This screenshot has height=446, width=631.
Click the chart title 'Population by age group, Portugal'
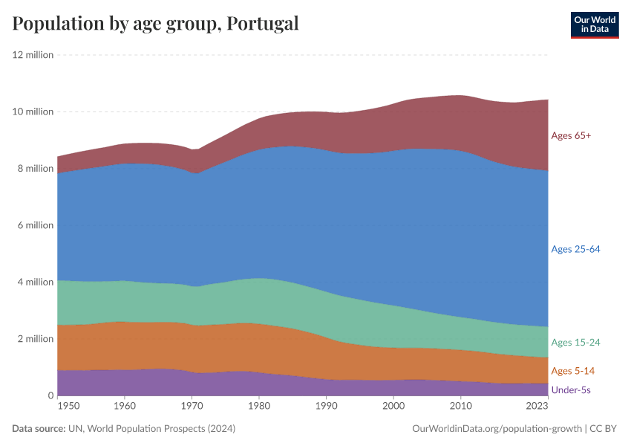click(155, 24)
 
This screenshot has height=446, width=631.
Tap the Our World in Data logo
click(595, 25)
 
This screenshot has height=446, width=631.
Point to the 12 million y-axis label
click(33, 55)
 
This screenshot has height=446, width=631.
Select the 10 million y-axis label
click(33, 111)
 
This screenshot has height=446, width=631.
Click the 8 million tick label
click(35, 169)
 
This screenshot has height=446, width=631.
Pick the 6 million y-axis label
click(35, 225)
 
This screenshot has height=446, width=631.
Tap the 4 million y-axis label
click(35, 282)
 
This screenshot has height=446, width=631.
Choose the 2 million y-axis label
click(35, 339)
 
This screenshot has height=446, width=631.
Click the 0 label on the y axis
click(50, 395)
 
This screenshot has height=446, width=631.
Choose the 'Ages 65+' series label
click(571, 135)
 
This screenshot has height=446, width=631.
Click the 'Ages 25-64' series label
click(575, 249)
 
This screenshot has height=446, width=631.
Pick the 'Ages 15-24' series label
click(575, 343)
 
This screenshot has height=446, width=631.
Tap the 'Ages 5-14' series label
click(572, 371)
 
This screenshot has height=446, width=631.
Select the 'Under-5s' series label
click(571, 390)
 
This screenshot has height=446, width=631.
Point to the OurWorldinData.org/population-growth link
click(496, 429)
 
